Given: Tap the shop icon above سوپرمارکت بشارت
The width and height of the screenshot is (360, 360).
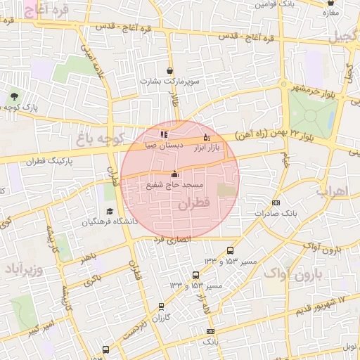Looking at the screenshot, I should (170, 70).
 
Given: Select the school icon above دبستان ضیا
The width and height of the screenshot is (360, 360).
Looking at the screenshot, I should (164, 134).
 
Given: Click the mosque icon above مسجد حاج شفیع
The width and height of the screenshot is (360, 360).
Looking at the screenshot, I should (174, 174).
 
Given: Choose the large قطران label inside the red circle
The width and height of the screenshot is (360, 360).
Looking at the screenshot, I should (195, 205).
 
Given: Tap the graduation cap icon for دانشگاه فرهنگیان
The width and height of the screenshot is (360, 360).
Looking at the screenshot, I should (109, 212).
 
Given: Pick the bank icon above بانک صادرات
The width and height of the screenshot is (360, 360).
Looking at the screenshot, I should (276, 202).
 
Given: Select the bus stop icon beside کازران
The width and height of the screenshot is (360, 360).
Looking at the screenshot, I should (162, 307).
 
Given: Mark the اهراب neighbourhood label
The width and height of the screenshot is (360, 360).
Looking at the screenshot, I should (337, 191).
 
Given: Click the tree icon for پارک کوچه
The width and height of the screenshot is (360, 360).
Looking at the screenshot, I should (15, 96).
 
